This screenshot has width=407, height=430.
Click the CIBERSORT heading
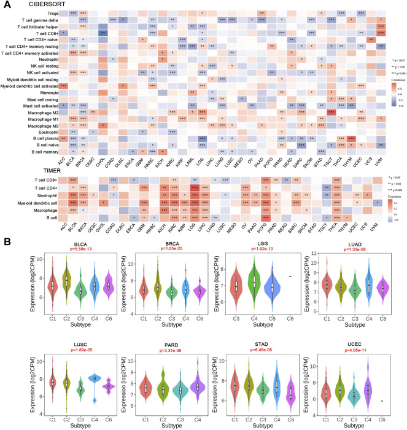(x=34, y=4)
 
